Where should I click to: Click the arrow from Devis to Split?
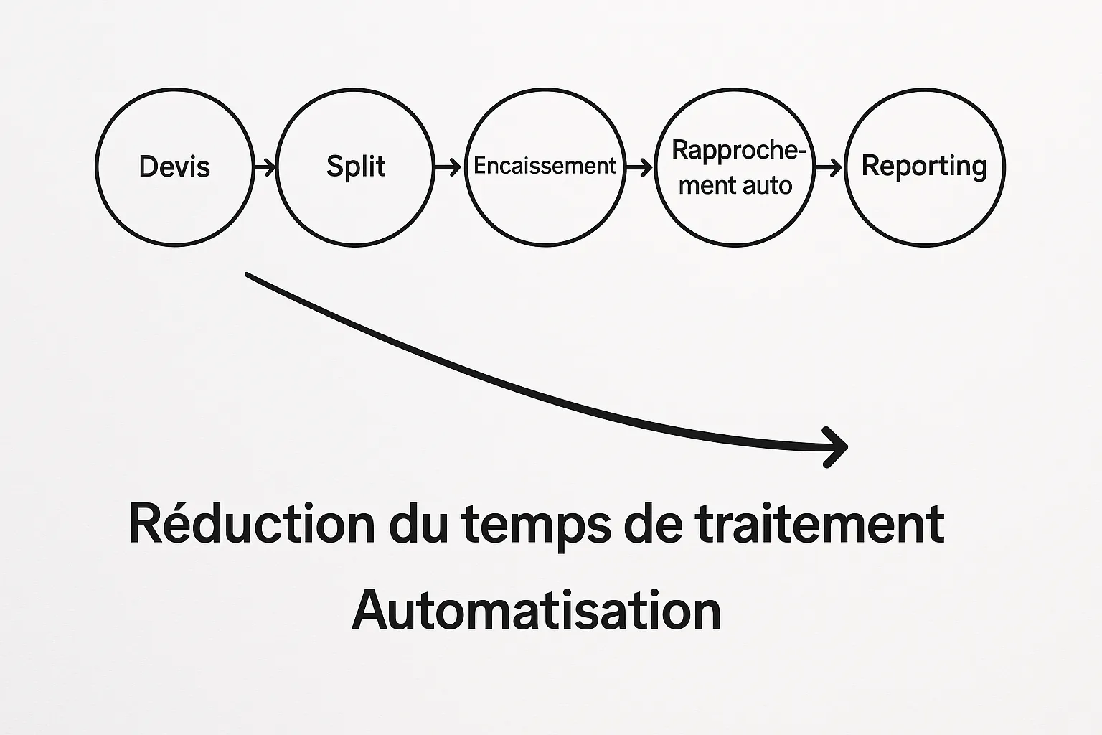265,168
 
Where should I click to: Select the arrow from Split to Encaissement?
448,168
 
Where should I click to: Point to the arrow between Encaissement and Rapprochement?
639,168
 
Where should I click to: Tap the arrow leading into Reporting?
829,168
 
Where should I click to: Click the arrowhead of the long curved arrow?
838,447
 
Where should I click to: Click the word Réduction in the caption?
251,524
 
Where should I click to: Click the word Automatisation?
536,610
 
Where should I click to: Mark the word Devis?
174,167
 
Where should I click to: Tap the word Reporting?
924,167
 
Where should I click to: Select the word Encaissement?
545,166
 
